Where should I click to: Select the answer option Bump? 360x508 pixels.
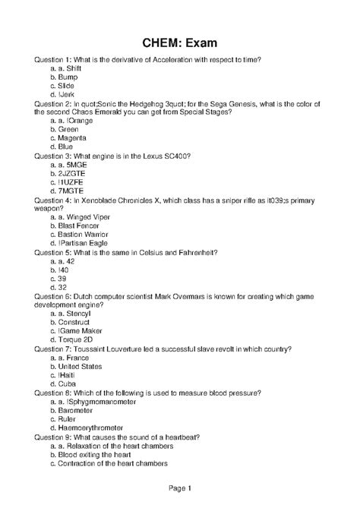[x=68, y=77]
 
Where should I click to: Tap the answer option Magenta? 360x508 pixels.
[x=73, y=138]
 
